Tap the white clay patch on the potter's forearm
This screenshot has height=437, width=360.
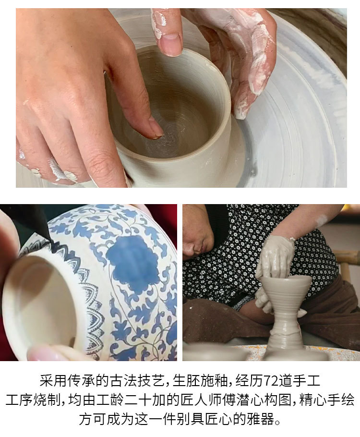[321, 220]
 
